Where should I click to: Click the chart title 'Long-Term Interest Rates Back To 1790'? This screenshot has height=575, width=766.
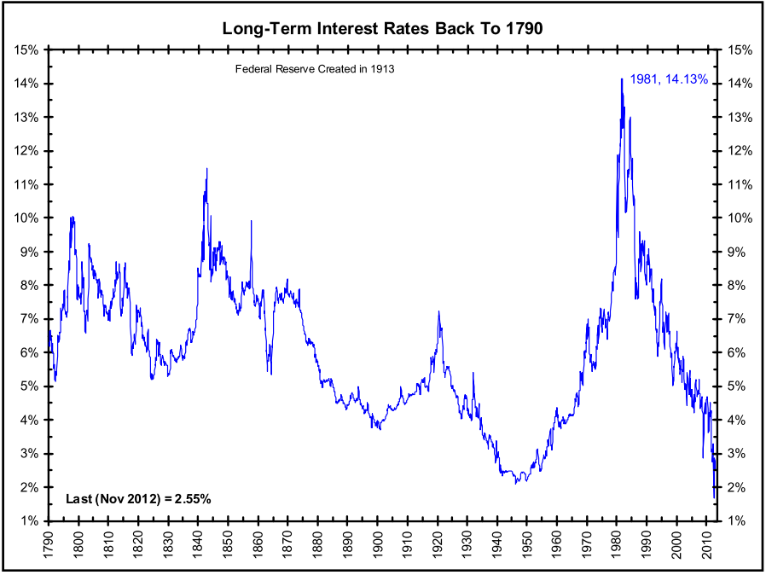pyautogui.click(x=382, y=28)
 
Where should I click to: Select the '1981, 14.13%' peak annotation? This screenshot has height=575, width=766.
pyautogui.click(x=669, y=79)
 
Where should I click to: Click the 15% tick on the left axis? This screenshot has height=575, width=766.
pyautogui.click(x=26, y=49)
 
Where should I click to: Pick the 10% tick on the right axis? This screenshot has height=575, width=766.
pyautogui.click(x=738, y=218)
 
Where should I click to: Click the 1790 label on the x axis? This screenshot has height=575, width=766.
pyautogui.click(x=48, y=543)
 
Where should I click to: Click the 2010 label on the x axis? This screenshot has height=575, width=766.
pyautogui.click(x=705, y=543)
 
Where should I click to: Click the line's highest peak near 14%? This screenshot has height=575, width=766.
pyautogui.click(x=621, y=79)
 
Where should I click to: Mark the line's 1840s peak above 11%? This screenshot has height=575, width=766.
pyautogui.click(x=206, y=169)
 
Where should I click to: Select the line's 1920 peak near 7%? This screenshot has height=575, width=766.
pyautogui.click(x=438, y=312)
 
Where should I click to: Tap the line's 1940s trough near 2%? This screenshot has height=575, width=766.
pyautogui.click(x=516, y=482)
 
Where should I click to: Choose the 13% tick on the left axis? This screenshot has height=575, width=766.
pyautogui.click(x=26, y=117)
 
